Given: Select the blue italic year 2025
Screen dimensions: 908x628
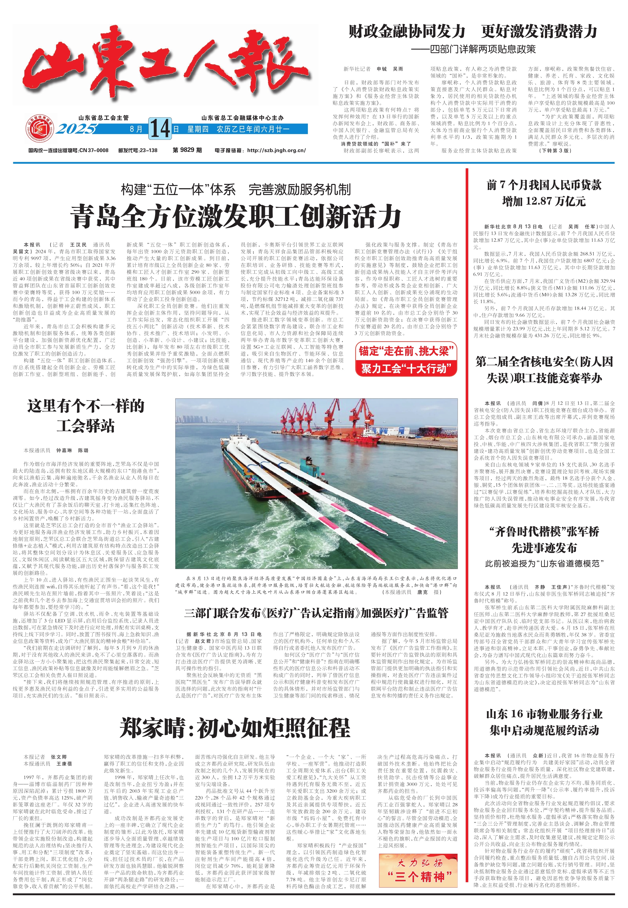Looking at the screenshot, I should [77, 129].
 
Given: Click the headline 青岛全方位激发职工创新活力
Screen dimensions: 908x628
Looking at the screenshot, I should [235, 216].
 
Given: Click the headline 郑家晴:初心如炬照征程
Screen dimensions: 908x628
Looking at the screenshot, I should [235, 728].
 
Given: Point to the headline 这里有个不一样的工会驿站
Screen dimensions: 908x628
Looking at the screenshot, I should [86, 416].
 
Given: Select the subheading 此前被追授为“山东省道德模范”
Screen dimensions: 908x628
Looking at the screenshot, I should [544, 563].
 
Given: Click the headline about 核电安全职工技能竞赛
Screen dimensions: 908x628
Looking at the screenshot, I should [544, 370].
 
